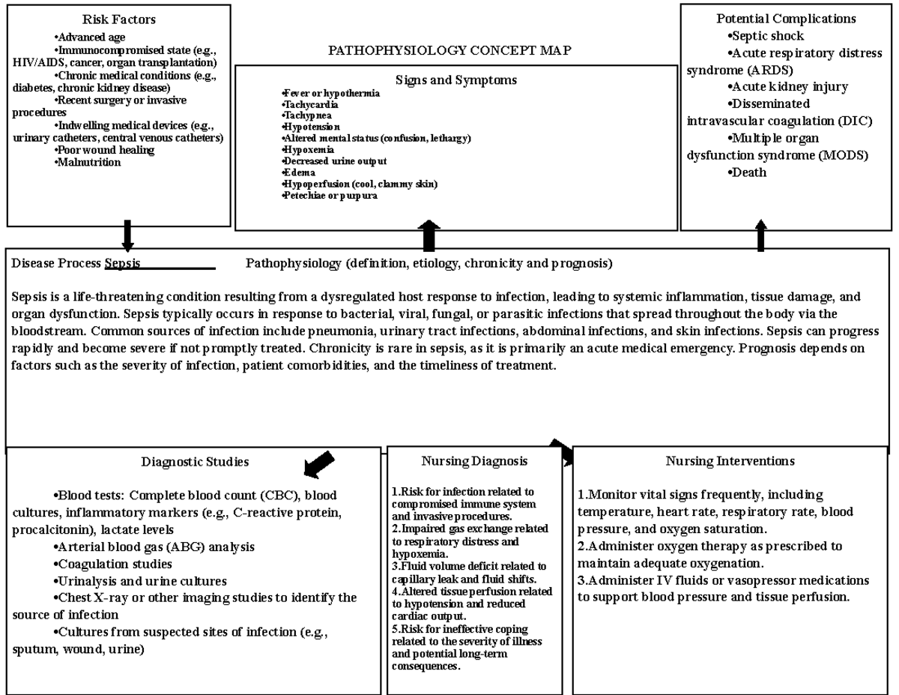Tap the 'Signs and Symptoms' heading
pyautogui.click(x=455, y=79)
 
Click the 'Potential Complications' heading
pyautogui.click(x=786, y=19)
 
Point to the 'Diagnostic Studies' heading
pyautogui.click(x=195, y=462)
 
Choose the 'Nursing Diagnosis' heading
pyautogui.click(x=474, y=461)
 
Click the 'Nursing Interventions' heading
pyautogui.click(x=730, y=461)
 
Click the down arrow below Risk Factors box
pyautogui.click(x=127, y=236)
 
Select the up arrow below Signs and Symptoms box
pyautogui.click(x=429, y=236)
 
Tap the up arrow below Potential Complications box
pyautogui.click(x=761, y=235)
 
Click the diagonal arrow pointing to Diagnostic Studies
pyautogui.click(x=318, y=464)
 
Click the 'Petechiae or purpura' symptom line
pyautogui.click(x=330, y=195)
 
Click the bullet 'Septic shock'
pyautogui.click(x=765, y=36)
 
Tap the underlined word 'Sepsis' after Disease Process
pyautogui.click(x=123, y=264)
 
